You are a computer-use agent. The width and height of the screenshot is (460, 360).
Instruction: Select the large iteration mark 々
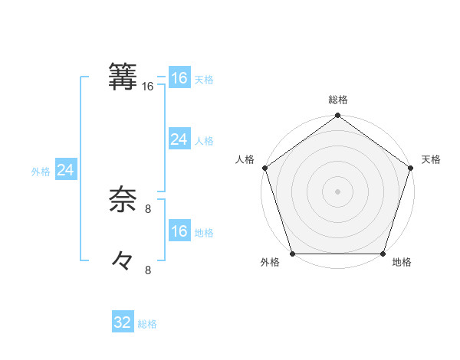(x=123, y=261)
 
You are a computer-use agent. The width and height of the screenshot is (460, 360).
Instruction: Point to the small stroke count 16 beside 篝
(x=147, y=87)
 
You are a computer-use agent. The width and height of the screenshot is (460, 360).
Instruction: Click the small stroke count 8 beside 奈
(x=148, y=208)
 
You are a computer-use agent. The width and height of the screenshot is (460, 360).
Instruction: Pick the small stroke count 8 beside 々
(x=148, y=270)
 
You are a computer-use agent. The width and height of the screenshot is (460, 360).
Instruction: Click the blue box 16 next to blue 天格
(x=179, y=78)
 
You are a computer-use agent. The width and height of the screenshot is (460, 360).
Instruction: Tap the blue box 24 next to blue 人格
(x=179, y=139)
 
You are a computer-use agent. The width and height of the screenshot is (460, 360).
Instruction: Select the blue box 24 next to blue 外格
(x=66, y=170)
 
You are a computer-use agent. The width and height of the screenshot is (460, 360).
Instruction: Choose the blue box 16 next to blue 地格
(x=179, y=231)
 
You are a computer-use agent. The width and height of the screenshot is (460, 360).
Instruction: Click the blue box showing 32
(x=123, y=322)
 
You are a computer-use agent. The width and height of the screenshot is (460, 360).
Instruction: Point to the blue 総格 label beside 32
(x=148, y=324)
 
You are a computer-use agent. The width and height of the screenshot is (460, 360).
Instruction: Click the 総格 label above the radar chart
(x=338, y=100)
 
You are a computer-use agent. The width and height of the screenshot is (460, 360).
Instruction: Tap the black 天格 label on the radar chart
(x=431, y=159)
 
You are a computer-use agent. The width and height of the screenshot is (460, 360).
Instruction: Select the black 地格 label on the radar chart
(x=402, y=262)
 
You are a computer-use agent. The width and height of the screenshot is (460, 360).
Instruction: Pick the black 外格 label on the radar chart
(x=270, y=262)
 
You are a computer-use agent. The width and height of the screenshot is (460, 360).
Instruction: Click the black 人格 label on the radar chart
(x=245, y=159)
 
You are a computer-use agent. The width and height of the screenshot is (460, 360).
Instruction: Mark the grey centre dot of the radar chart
(x=338, y=191)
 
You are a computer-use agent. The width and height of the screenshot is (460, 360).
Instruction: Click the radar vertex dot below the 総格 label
(x=338, y=116)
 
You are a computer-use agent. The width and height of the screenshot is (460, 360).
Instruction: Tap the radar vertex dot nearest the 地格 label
(x=383, y=254)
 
